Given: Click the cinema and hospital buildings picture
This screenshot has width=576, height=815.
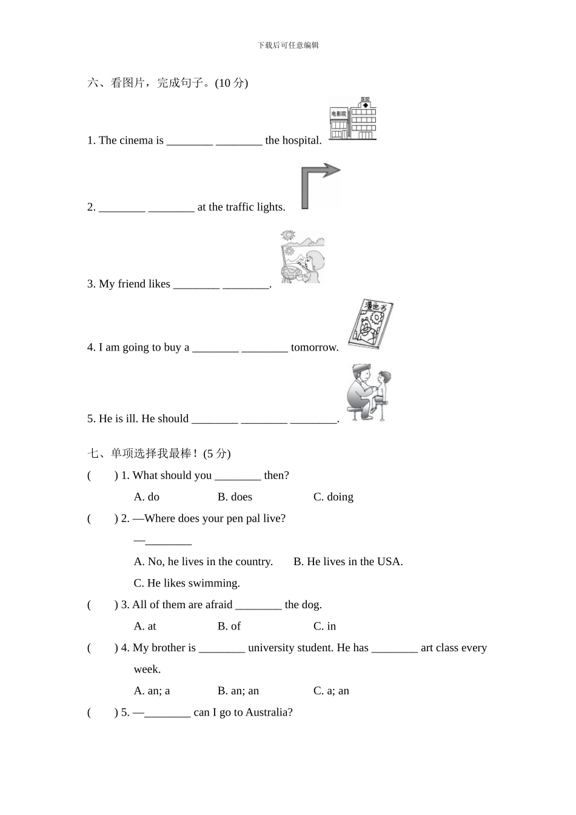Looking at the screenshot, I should click(x=352, y=119).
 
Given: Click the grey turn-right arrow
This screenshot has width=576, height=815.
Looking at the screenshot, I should click(x=320, y=185).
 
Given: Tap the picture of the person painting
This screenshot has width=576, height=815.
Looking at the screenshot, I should click(x=302, y=257).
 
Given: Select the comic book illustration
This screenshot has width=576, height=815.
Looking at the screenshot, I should click(x=370, y=324).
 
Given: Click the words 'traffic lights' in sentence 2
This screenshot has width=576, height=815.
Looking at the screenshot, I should click(x=255, y=207).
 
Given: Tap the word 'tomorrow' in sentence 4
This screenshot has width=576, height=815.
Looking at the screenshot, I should click(x=314, y=347).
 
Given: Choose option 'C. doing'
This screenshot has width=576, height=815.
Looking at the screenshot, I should click(x=333, y=497).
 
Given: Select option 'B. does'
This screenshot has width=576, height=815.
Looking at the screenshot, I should click(x=235, y=497).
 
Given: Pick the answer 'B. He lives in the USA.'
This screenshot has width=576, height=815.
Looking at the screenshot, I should click(x=348, y=562).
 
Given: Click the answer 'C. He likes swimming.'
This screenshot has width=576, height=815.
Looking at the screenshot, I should click(x=187, y=583).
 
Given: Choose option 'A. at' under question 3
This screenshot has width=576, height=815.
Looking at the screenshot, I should click(x=145, y=626).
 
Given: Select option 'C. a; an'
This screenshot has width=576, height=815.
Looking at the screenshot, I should click(x=331, y=691).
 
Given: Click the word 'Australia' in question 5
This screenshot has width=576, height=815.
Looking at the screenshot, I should click(x=269, y=713).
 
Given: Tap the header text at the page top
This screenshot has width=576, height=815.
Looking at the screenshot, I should click(x=288, y=45).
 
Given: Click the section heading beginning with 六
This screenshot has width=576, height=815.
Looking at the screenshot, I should click(x=167, y=83).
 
